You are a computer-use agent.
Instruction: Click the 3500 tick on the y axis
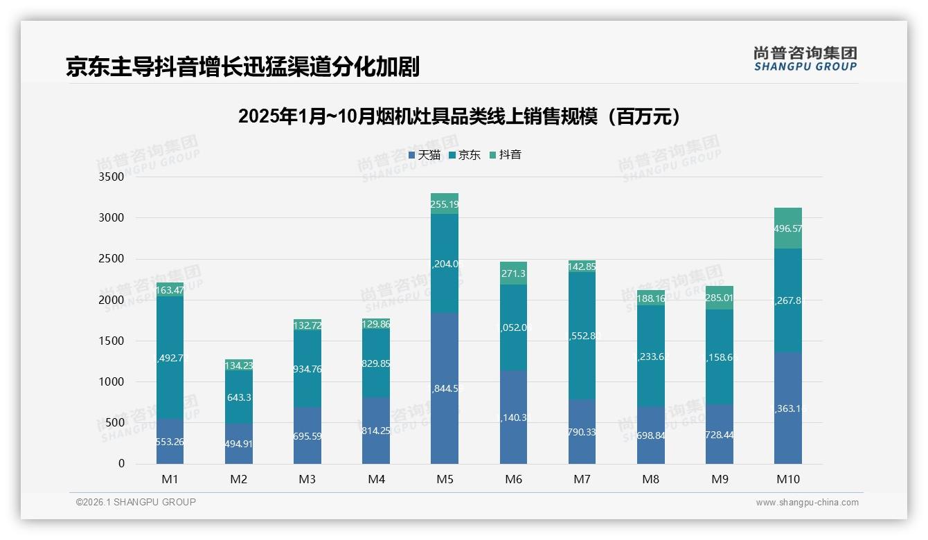click(111, 177)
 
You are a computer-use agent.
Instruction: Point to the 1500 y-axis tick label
click(111, 341)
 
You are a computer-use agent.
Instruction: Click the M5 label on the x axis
click(445, 479)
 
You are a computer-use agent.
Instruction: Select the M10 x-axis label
click(788, 479)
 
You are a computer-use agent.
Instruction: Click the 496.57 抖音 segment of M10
click(788, 228)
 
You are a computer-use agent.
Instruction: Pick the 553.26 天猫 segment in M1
click(170, 441)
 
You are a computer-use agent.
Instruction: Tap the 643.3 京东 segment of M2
click(238, 398)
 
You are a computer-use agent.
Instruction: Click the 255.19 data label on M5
click(445, 204)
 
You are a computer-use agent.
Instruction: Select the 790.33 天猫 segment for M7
click(582, 432)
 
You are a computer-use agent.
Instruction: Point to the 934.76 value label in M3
click(307, 369)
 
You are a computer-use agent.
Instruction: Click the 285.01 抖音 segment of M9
click(720, 298)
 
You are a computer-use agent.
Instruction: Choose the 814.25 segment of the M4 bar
click(376, 431)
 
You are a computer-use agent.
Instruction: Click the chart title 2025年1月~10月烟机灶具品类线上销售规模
click(459, 116)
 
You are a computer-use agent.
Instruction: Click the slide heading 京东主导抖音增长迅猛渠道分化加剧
click(242, 66)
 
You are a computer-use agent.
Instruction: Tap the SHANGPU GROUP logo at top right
click(805, 59)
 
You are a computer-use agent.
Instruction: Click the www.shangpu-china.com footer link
click(807, 503)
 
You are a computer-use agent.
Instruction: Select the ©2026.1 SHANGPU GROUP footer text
click(136, 502)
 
